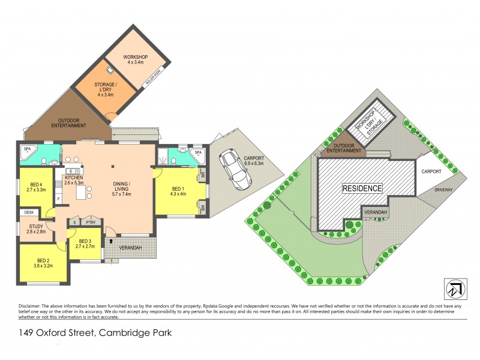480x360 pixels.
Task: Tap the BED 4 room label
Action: point(37,187)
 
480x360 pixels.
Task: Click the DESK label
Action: point(28,212)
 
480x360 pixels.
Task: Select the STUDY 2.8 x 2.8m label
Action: point(35,229)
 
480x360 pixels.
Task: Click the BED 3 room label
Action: point(85,243)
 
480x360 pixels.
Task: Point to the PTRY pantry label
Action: point(91,221)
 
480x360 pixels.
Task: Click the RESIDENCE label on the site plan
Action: point(362,188)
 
